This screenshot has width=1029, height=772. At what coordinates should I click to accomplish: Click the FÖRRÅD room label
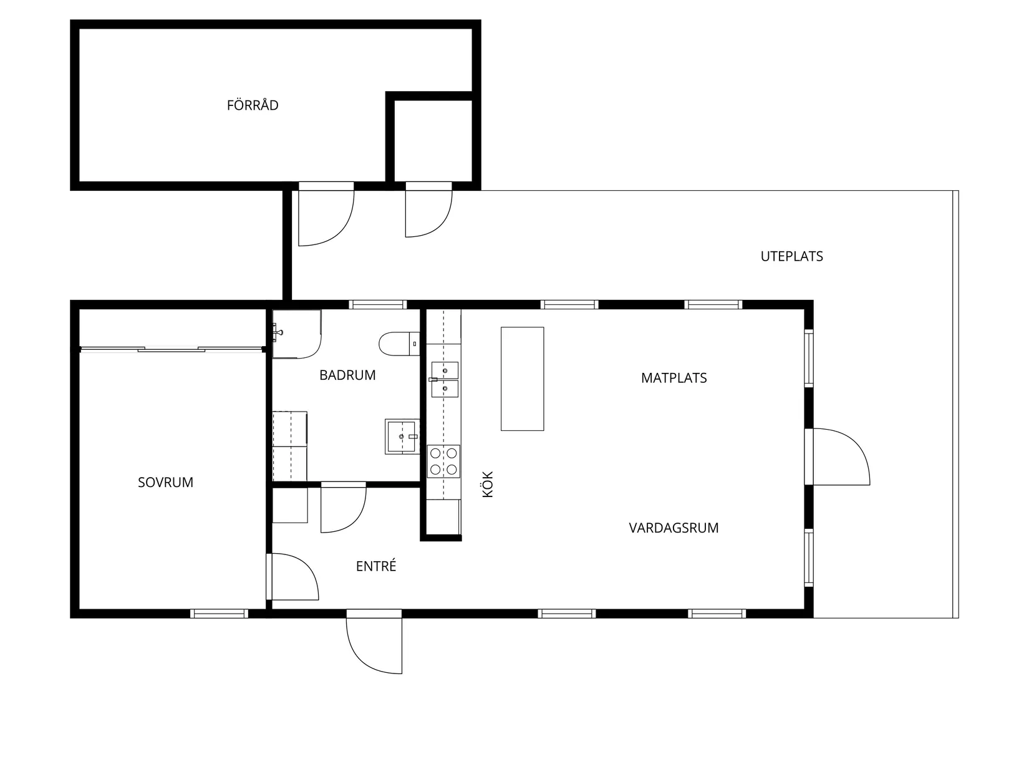tap(253, 105)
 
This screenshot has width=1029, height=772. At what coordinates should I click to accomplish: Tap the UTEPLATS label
tap(791, 256)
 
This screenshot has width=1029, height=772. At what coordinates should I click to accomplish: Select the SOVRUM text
tap(165, 482)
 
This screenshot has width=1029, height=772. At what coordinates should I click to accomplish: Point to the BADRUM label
tap(347, 375)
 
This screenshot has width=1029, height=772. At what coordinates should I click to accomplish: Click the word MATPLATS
tap(674, 378)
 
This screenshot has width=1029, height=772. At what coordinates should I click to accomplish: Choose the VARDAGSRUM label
tap(674, 528)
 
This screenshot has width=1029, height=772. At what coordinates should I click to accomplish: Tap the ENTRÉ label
tap(376, 566)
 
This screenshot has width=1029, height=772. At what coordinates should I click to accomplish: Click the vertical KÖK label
tap(488, 484)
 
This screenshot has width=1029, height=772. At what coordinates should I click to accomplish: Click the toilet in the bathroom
tap(399, 344)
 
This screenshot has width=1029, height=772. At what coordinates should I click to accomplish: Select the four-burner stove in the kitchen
tap(443, 461)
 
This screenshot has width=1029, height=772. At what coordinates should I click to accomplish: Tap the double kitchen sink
tap(445, 379)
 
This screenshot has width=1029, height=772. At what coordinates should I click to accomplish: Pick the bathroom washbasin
tap(402, 437)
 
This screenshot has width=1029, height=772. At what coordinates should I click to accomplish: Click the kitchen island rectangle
tap(522, 379)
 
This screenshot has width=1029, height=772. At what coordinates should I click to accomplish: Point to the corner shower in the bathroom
tap(297, 334)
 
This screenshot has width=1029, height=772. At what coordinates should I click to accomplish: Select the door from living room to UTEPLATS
tap(838, 456)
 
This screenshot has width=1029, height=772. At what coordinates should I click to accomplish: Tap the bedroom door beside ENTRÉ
tap(292, 577)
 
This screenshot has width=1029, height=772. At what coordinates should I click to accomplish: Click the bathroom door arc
tap(343, 507)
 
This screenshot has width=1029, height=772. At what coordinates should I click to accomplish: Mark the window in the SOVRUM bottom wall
tap(219, 614)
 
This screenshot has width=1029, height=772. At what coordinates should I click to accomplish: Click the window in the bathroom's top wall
tap(377, 305)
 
